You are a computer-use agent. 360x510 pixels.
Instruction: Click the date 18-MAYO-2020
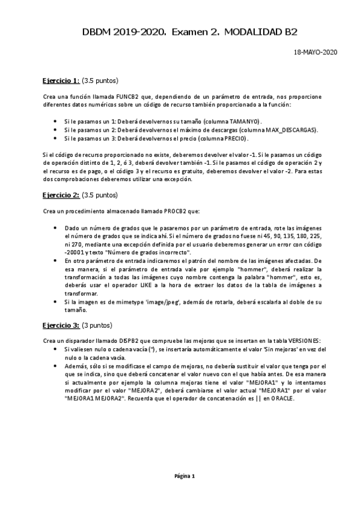(315, 52)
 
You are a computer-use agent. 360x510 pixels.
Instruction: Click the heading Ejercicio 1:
(61, 80)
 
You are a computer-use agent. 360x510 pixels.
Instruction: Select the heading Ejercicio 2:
(61, 195)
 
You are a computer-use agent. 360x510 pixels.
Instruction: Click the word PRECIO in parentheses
(233, 138)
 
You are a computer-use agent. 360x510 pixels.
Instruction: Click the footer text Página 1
(185, 476)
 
